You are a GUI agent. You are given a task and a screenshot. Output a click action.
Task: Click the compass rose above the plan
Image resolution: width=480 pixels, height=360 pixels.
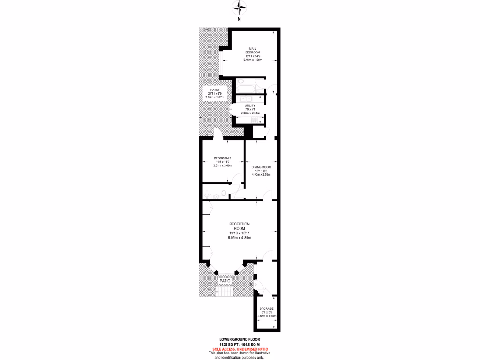[x=240, y=7]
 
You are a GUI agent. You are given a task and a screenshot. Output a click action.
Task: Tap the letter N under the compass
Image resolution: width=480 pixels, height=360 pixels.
[x=239, y=20]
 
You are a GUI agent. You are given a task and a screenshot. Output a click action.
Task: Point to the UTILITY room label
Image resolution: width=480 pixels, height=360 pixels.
[x=249, y=106]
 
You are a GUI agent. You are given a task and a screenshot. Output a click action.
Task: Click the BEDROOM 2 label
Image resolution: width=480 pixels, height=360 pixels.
[x=222, y=158]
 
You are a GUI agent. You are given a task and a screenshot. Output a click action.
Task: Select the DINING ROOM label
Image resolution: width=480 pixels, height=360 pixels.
[x=261, y=167]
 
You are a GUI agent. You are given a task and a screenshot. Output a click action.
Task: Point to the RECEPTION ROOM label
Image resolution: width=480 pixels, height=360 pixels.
[x=240, y=226]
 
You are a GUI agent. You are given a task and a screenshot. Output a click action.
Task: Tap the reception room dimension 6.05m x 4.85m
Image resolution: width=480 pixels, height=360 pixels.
[x=240, y=238]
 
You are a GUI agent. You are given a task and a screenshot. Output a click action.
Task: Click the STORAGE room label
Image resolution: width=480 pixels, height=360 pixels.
[x=267, y=308]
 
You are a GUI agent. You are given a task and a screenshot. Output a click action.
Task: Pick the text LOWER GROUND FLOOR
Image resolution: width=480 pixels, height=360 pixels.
[x=240, y=339]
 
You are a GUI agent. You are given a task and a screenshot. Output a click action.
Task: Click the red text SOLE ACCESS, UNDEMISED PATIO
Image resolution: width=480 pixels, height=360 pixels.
[x=240, y=348]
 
